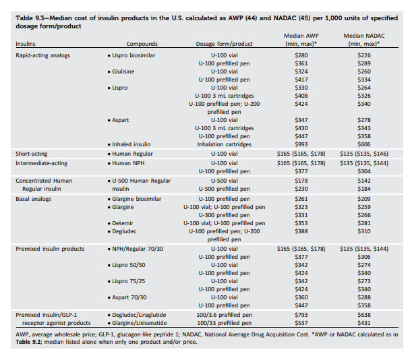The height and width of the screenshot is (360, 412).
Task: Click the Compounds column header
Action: click(142, 44)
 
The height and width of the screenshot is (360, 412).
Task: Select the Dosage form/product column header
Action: click(224, 44)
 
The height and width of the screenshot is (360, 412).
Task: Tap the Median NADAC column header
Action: click(364, 40)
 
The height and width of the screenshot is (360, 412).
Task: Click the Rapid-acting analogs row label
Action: click(43, 55)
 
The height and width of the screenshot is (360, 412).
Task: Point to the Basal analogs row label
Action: click(33, 199)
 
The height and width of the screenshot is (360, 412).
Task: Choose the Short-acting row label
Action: click(32, 154)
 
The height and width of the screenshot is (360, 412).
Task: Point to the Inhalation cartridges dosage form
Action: click(224, 144)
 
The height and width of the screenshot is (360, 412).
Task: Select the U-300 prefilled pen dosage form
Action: click(224, 215)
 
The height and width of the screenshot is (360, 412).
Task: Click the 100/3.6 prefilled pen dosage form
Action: click(224, 315)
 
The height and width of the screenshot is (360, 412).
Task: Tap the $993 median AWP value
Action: click(301, 144)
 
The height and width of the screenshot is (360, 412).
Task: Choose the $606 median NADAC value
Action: click(364, 144)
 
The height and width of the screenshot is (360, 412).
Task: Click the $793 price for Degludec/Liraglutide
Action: click(301, 315)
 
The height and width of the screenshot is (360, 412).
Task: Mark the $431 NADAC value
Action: click(364, 323)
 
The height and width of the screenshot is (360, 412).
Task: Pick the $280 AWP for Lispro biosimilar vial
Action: click(301, 55)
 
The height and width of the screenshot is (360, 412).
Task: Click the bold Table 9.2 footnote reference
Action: click(28, 342)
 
